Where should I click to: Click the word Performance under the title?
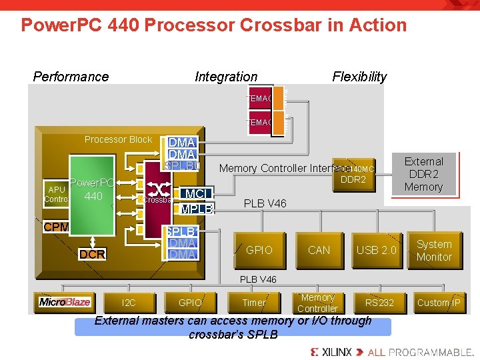coord(71,77)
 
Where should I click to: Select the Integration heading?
coord(225,77)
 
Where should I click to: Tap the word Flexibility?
coord(359,77)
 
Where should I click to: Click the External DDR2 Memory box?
coord(423,175)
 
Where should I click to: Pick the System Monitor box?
coord(433,250)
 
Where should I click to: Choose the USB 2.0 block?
coord(376,250)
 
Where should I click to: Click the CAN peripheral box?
coord(319,250)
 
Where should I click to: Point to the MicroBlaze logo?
coord(64,302)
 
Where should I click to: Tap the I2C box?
coord(129,303)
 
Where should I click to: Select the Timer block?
coord(253,303)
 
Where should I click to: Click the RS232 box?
coord(379,303)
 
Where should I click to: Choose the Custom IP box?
coord(438,303)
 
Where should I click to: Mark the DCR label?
coord(92,254)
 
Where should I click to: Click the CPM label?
coord(56,227)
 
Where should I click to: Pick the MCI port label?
coord(197,194)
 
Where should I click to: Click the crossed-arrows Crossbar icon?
coord(158,189)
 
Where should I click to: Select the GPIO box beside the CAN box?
coord(259,250)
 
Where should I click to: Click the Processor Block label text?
coord(118,139)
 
